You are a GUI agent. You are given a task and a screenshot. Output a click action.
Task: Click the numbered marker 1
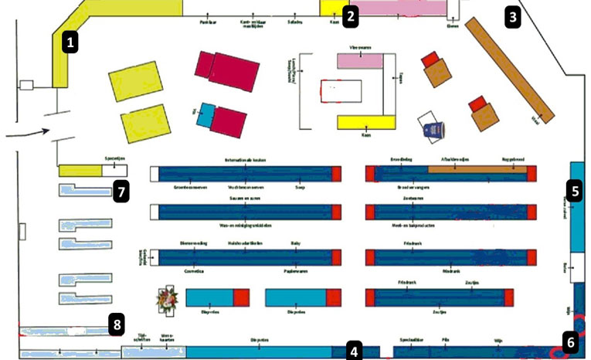pos(70,42)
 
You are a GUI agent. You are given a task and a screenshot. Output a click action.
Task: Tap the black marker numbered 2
pos(352,15)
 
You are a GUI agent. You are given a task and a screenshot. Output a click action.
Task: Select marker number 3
pos(513,15)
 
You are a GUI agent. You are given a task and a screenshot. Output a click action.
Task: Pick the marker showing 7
pos(120,189)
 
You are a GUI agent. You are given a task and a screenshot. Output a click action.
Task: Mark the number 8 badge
pos(116,324)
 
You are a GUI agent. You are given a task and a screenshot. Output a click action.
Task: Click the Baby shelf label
pos(295,243)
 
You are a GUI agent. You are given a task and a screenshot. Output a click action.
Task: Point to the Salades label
pos(294,22)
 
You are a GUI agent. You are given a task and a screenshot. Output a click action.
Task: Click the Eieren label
pos(453,23)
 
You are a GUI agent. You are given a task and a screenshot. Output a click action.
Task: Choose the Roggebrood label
pos(512,160)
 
